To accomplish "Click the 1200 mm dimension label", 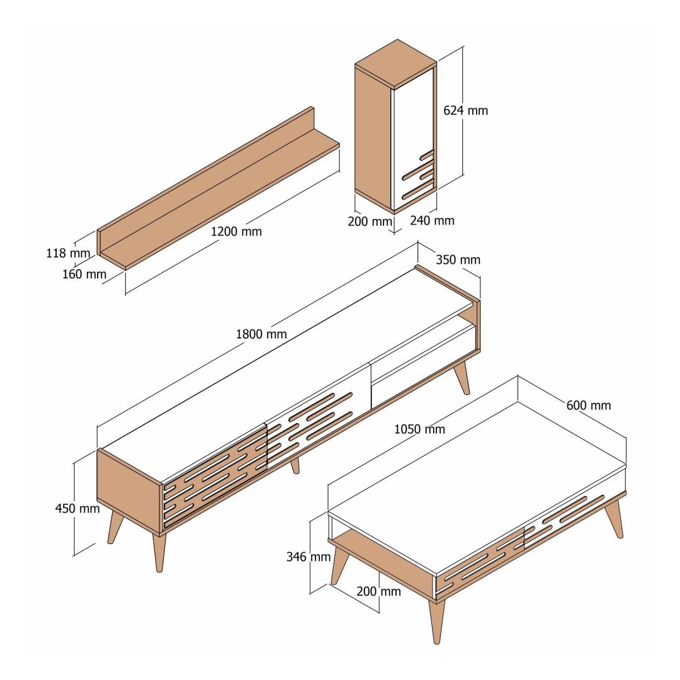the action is (x=236, y=232).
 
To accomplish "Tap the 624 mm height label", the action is (x=465, y=111).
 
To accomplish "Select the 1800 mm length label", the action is (x=261, y=334).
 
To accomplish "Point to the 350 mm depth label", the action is (x=458, y=260).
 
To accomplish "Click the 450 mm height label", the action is (x=77, y=508).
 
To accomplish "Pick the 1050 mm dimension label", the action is (x=419, y=429).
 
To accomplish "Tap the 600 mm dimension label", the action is (x=589, y=405).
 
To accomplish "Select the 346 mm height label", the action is (x=309, y=557).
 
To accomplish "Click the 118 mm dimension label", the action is (x=68, y=253).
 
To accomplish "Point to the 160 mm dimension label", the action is (x=84, y=274).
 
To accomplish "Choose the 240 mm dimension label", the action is (x=433, y=221).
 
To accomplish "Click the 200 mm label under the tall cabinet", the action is (x=370, y=222).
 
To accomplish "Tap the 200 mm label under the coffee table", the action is (x=378, y=591).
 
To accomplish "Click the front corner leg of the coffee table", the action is (x=436, y=620).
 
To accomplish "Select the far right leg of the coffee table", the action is (x=615, y=518).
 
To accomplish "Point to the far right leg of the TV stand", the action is (x=462, y=377).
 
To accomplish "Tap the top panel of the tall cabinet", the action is (x=396, y=64).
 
